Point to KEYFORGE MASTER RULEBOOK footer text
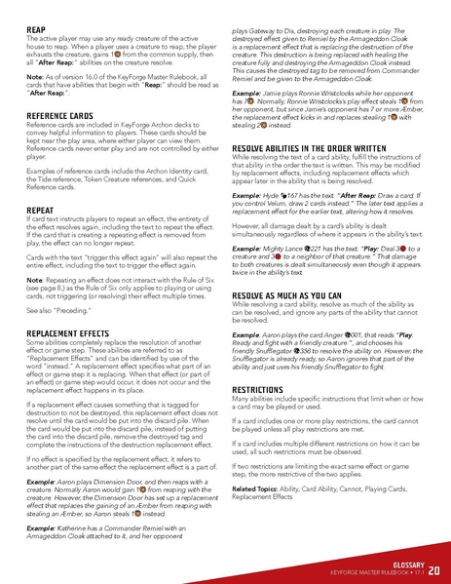click(x=370, y=574)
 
